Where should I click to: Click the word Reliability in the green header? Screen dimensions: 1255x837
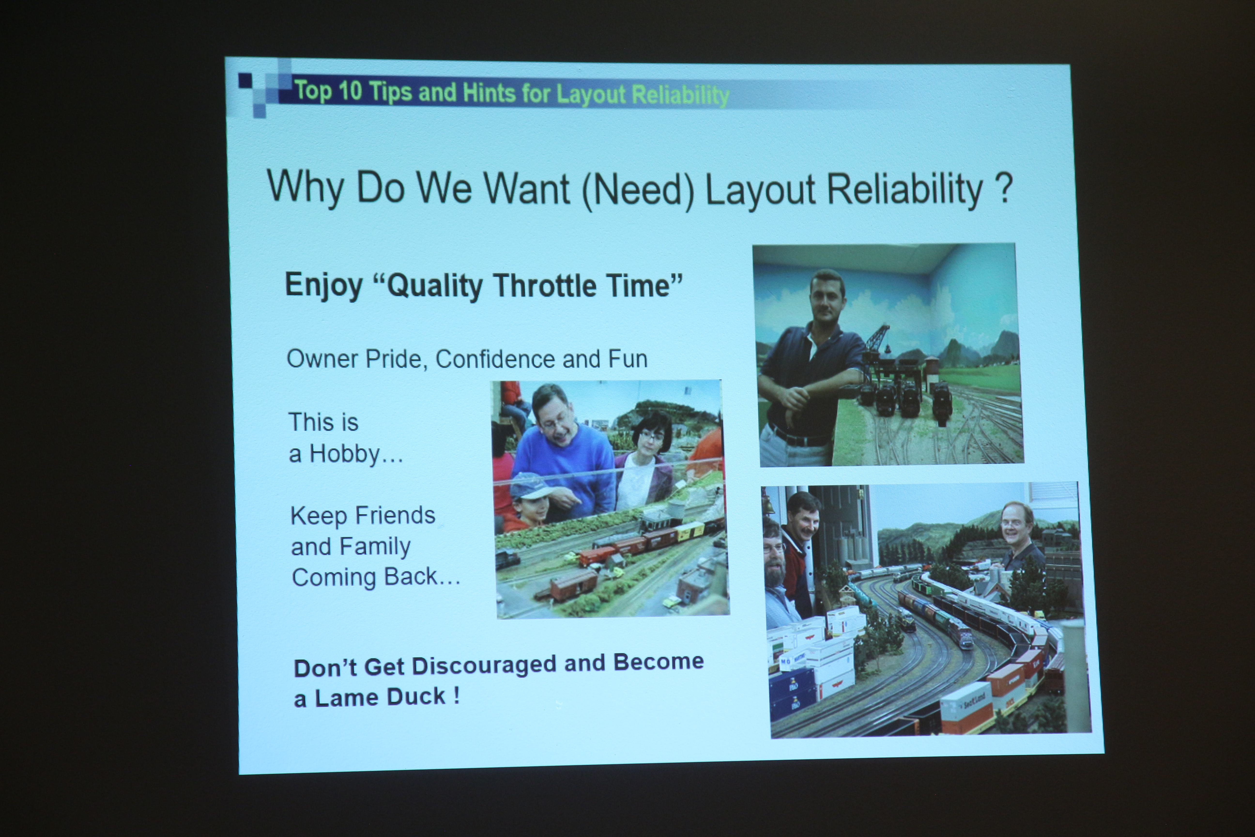pos(680,96)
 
